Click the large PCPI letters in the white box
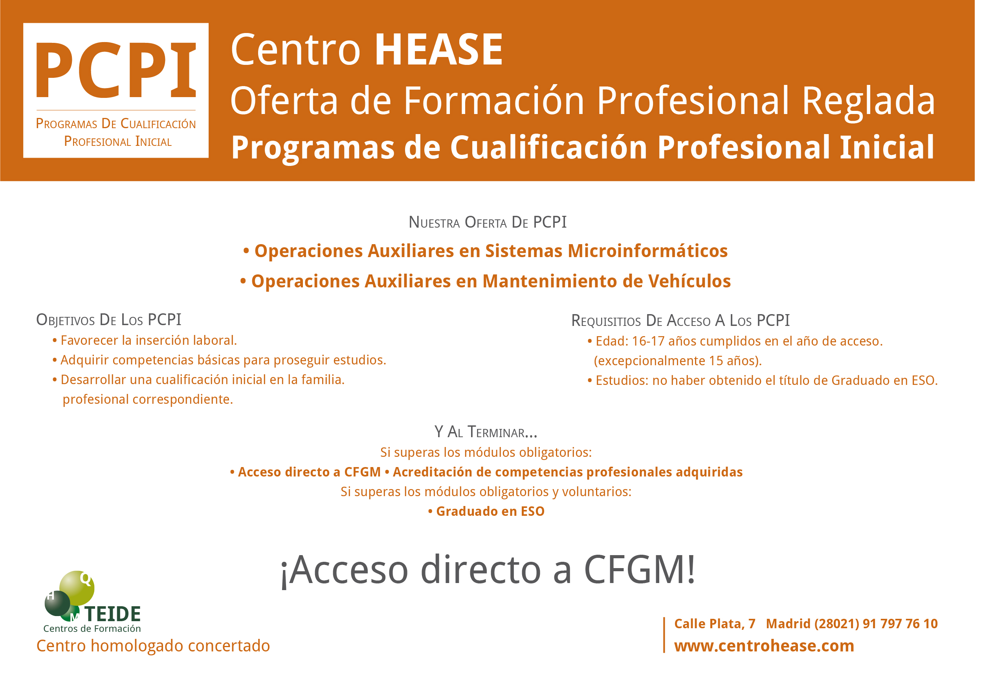point(116,70)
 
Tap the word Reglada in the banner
point(868,103)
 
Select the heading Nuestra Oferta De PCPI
point(487,222)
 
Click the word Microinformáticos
point(647,251)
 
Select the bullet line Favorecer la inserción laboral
point(145,340)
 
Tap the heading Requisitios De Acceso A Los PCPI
point(680,320)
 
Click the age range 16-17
point(648,341)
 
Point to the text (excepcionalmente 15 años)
point(677,361)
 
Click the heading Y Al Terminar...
point(486,432)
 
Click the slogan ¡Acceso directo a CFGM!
point(488,570)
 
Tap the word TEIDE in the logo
point(113,614)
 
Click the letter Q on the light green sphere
point(86,579)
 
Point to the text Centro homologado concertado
point(153,646)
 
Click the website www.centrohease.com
point(764,646)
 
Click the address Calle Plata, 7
point(715,624)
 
